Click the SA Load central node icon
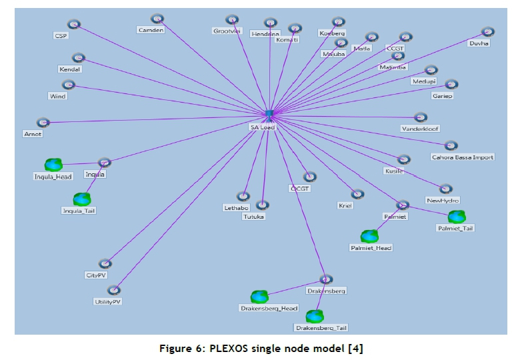[269, 115]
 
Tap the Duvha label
[479, 43]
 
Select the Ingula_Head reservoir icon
[53, 164]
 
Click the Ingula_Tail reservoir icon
[82, 199]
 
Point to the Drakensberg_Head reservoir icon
[259, 297]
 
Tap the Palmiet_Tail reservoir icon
[457, 217]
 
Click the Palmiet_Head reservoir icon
[369, 236]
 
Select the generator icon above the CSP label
[74, 24]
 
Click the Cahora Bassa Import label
[463, 157]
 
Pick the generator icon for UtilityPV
[114, 290]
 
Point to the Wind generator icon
[68, 85]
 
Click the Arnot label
[33, 134]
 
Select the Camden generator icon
[157, 19]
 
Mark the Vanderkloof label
[420, 128]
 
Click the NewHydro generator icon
[445, 189]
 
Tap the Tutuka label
[254, 217]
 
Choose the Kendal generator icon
[79, 57]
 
